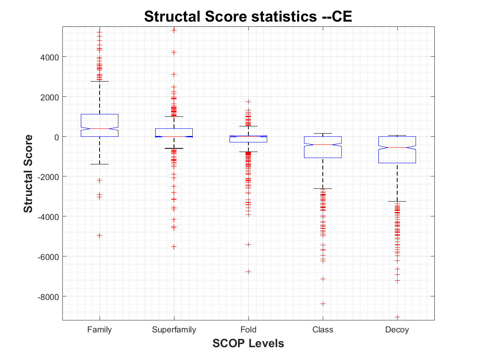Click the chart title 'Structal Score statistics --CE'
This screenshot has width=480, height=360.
click(x=248, y=17)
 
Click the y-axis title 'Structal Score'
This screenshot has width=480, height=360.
click(x=28, y=173)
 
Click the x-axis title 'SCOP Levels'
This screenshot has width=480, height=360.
click(x=248, y=343)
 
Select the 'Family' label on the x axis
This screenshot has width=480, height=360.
click(x=100, y=330)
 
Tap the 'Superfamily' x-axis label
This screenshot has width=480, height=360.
click(x=174, y=330)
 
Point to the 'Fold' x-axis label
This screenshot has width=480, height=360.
click(x=248, y=330)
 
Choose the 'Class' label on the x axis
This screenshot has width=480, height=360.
click(x=323, y=330)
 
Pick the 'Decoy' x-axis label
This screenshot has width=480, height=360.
click(x=397, y=330)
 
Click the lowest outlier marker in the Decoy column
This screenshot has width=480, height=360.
click(x=397, y=317)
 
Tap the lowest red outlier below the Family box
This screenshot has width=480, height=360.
click(x=100, y=236)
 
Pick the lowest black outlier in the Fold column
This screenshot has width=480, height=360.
click(x=248, y=272)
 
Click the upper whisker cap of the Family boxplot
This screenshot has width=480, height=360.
click(x=100, y=81)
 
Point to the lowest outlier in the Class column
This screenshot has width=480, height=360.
click(x=323, y=304)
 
